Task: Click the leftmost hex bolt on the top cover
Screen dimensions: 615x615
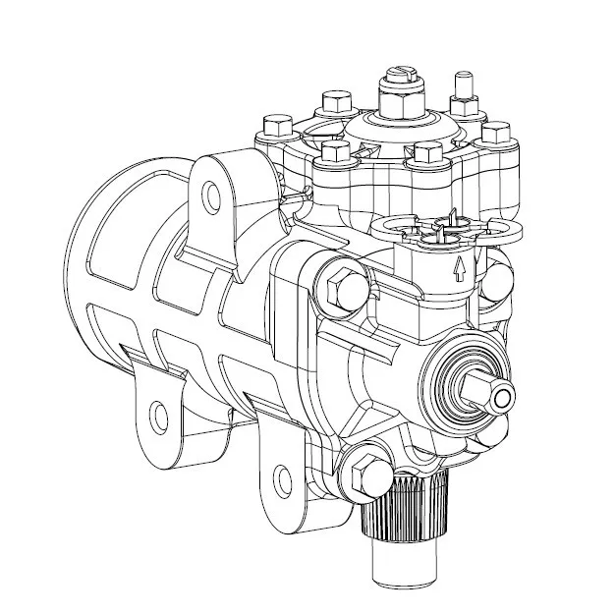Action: pos(277,125)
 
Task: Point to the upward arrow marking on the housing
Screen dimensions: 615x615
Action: pos(458,268)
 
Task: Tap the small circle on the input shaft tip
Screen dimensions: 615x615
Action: pos(504,397)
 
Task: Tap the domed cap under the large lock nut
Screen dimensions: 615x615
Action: pos(401,128)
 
